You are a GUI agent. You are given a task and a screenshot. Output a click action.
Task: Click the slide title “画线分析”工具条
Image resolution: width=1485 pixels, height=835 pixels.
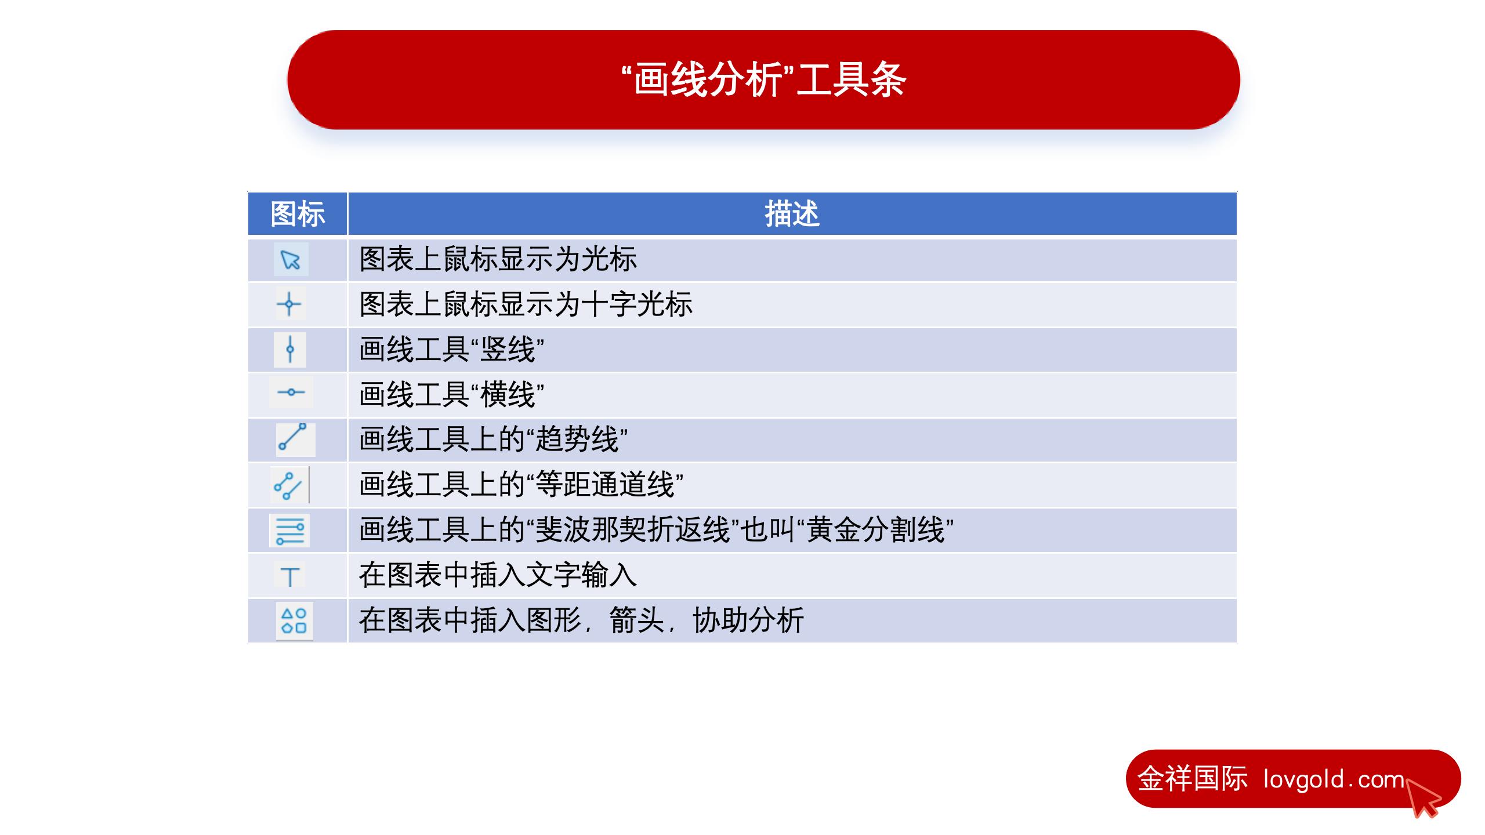click(x=763, y=79)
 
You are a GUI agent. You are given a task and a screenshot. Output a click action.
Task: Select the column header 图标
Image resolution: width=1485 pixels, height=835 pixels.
click(x=298, y=214)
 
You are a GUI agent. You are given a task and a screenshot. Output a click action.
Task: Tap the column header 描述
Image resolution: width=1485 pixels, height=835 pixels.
click(x=792, y=214)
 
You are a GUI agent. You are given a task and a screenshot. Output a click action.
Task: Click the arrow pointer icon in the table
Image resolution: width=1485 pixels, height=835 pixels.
click(x=290, y=259)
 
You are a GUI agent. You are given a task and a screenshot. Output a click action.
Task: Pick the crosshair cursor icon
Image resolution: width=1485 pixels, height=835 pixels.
click(x=289, y=304)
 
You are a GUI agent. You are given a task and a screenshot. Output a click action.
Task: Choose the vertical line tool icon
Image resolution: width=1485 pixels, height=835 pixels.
click(x=290, y=349)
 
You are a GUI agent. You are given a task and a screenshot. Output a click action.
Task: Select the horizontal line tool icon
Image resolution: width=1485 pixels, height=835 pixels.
click(x=291, y=393)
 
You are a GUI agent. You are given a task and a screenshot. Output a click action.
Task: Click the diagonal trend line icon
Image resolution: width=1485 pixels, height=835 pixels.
click(x=292, y=437)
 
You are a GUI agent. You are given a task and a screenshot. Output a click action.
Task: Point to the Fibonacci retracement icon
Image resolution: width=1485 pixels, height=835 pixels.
click(x=290, y=531)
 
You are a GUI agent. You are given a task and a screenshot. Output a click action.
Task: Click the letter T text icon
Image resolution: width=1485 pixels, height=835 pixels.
click(x=290, y=576)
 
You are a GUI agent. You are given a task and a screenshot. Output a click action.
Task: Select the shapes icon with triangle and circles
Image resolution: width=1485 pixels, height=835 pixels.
click(x=294, y=620)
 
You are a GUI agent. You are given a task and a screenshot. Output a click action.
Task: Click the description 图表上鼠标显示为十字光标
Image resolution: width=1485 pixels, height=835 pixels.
click(x=526, y=304)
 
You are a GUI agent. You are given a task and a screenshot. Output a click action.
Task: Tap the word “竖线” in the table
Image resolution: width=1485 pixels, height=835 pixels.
click(x=508, y=350)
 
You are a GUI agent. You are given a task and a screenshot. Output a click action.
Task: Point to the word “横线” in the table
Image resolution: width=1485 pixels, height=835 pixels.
click(x=508, y=395)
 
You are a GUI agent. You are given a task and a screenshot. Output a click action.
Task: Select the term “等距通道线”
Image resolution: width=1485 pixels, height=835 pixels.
click(x=604, y=485)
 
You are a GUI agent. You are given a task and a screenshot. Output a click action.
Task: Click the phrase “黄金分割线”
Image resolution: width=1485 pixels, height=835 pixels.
click(x=876, y=530)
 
